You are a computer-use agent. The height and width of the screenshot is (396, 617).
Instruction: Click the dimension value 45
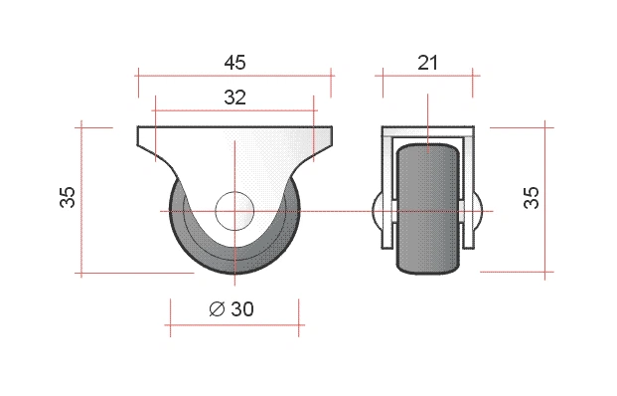(x=234, y=63)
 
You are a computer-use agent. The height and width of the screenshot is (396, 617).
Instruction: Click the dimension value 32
(x=234, y=97)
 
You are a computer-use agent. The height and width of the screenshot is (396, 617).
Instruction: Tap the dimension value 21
(x=427, y=63)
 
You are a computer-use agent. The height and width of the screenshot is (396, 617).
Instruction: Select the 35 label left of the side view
(x=68, y=197)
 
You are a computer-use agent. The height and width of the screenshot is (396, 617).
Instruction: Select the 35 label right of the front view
(x=531, y=197)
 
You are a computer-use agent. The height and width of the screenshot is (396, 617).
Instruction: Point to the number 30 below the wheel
(x=242, y=308)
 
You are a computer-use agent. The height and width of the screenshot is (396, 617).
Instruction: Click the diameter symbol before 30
(x=217, y=308)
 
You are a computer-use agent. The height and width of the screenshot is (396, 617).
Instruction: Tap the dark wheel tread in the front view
(x=428, y=209)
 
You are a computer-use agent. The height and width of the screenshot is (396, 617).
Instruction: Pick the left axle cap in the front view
(x=377, y=209)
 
